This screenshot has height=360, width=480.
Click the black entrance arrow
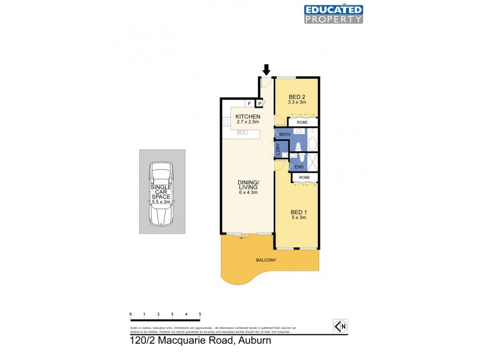click(266, 69)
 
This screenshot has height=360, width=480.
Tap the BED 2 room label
click(296, 97)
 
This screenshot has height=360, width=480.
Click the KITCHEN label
click(248, 116)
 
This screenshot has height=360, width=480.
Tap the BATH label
click(284, 134)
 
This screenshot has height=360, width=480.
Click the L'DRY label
click(278, 149)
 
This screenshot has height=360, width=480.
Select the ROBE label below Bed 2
click(302, 122)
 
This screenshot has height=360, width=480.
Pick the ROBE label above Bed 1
click(305, 178)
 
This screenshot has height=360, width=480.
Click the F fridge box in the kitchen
click(248, 103)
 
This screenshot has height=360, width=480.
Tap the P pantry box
click(260, 103)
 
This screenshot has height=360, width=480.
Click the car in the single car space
click(161, 193)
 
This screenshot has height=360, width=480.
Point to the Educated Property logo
click(334, 14)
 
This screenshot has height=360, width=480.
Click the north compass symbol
click(340, 326)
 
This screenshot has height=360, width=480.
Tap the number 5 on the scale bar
click(200, 314)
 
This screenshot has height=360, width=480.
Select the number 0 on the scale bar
click(130, 314)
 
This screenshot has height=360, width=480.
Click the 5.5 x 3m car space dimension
click(161, 202)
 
